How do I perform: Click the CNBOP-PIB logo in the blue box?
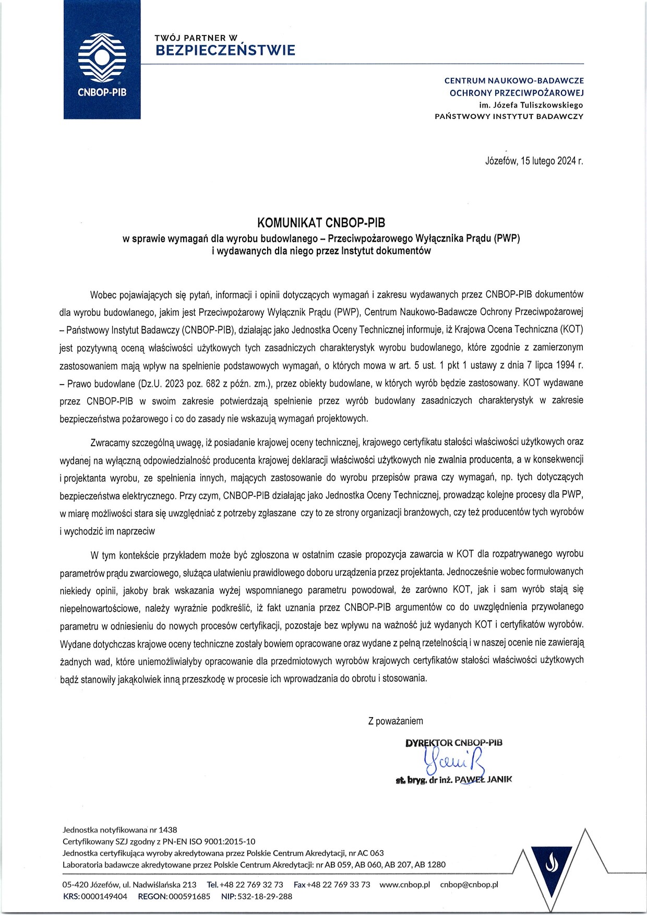[x=102, y=60]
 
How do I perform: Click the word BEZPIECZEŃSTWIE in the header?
[x=225, y=51]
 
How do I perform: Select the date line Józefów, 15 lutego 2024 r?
[x=534, y=161]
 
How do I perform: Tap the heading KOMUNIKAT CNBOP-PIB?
[x=321, y=223]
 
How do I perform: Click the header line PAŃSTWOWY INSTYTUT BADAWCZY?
[x=509, y=116]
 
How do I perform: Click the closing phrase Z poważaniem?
[x=396, y=721]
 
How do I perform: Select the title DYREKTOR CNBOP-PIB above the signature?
[x=453, y=742]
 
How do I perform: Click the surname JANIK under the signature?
[x=499, y=779]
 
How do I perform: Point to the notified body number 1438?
[x=167, y=829]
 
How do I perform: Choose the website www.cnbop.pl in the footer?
[x=404, y=885]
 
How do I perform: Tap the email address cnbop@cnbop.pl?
[x=469, y=885]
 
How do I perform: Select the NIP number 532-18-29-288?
[x=265, y=896]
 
